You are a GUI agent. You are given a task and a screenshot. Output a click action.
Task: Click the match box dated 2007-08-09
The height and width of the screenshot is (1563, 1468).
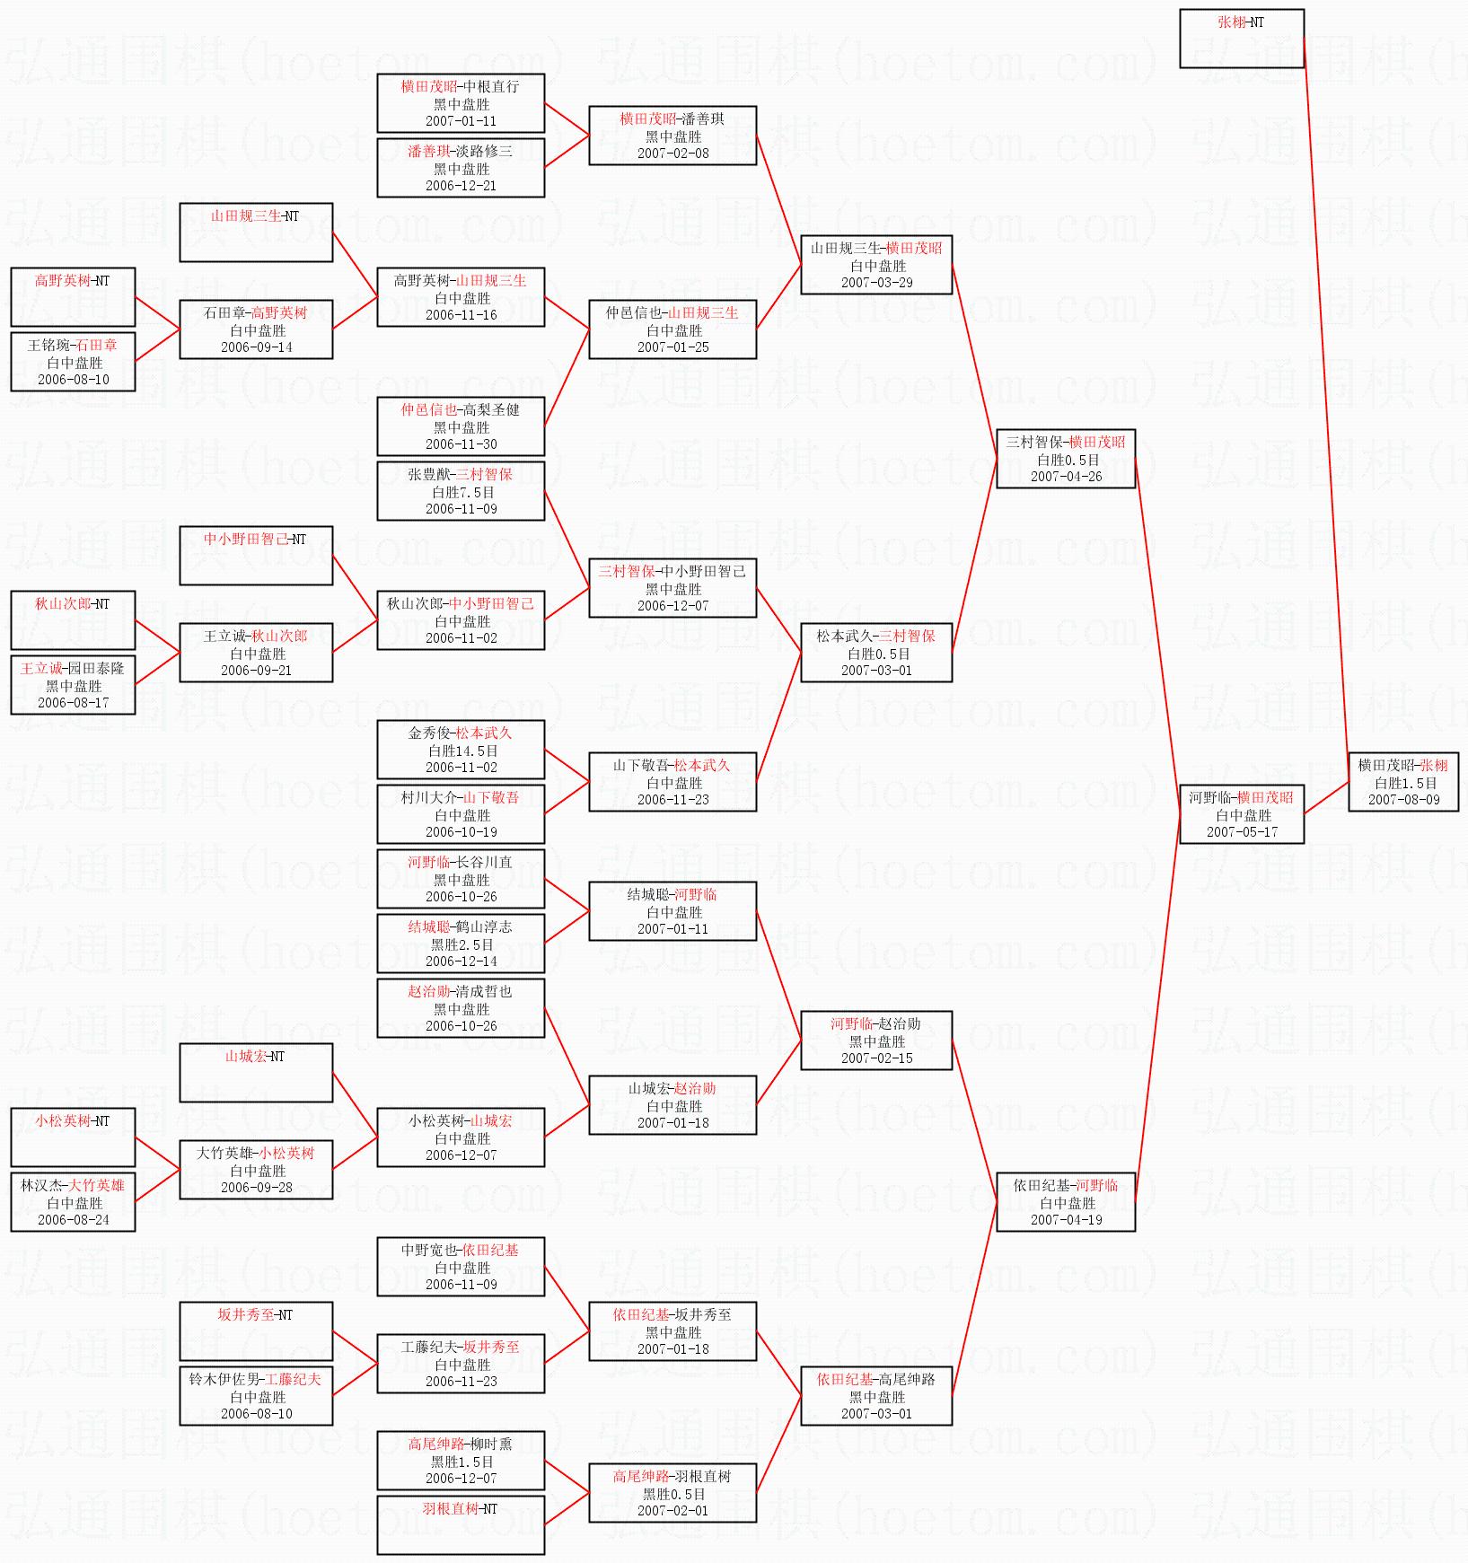coord(1403,782)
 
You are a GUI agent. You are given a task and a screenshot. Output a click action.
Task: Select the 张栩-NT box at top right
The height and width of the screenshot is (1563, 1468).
coord(1242,39)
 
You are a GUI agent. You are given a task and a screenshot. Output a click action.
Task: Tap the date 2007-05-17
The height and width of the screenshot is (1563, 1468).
coord(1242,832)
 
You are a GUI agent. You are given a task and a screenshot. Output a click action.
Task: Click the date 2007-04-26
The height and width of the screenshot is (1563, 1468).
coord(1066,477)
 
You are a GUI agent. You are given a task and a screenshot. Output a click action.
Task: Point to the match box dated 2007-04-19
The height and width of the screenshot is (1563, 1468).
coord(1066,1202)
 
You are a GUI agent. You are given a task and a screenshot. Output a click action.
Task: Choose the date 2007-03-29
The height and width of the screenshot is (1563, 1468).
coord(876,283)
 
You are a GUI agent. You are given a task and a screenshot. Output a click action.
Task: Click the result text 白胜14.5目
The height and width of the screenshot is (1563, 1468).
coord(462,751)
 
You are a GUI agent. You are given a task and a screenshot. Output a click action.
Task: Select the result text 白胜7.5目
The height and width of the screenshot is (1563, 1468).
coord(462,492)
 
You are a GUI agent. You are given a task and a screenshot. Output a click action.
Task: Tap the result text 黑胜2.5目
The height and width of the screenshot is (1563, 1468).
coord(462,944)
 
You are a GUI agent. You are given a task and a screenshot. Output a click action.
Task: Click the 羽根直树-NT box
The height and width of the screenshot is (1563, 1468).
coord(461,1525)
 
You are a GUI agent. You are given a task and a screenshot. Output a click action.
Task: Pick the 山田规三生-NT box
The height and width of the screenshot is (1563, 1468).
coord(256,233)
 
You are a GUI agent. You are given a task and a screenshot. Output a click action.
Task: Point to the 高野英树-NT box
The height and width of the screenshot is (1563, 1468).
coord(73,297)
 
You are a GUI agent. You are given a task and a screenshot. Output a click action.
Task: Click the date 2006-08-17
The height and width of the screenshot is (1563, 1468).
coord(73,703)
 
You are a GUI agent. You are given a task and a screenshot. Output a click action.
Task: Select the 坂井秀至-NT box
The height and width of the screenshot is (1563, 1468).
coord(256,1331)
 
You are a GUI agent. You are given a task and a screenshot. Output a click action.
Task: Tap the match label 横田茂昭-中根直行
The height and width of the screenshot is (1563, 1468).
coord(460,86)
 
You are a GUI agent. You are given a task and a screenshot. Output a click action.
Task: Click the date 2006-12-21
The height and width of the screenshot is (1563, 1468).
coord(461,186)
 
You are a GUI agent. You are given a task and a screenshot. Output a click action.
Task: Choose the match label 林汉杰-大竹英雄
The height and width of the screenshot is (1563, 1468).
coord(73,1185)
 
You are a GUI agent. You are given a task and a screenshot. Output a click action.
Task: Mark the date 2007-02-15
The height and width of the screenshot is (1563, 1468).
coord(876,1058)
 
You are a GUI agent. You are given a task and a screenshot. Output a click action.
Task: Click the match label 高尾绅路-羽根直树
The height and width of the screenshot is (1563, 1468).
coord(672,1476)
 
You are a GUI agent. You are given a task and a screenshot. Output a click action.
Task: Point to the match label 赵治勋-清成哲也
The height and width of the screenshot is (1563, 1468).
coord(460,991)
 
